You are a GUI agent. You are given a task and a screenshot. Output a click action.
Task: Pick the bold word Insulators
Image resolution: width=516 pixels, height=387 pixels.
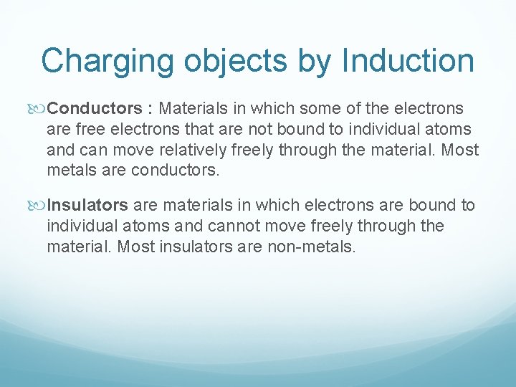(87, 206)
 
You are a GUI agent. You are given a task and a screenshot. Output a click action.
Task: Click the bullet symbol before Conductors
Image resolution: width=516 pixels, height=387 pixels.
(39, 110)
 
